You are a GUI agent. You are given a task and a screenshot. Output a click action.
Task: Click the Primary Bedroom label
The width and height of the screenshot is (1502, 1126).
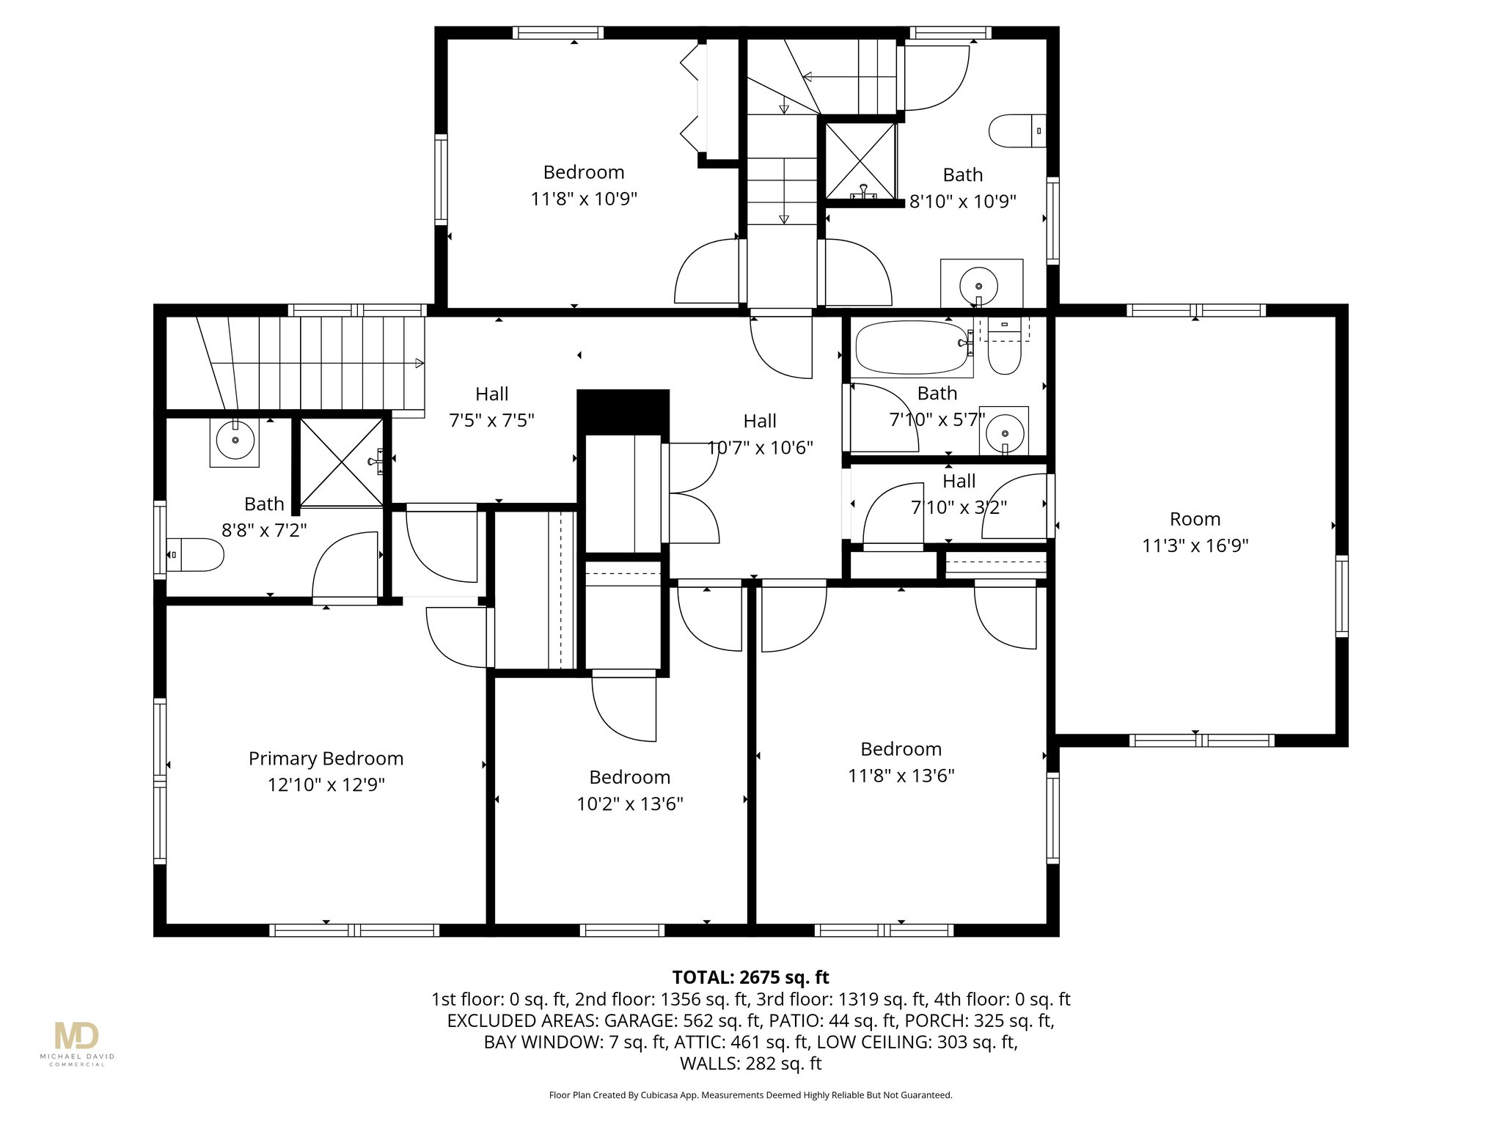click(x=326, y=758)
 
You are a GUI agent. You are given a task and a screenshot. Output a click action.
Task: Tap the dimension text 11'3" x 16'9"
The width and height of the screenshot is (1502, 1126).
click(x=1195, y=545)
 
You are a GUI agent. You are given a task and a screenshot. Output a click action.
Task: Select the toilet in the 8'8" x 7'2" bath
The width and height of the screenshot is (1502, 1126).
click(x=197, y=555)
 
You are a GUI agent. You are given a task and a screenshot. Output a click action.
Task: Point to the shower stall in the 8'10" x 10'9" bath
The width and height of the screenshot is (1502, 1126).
click(x=860, y=161)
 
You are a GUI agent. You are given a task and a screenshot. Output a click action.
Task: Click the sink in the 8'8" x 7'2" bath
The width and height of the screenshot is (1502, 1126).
click(x=235, y=440)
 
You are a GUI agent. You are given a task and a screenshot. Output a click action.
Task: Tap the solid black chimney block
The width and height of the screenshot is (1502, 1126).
click(x=623, y=412)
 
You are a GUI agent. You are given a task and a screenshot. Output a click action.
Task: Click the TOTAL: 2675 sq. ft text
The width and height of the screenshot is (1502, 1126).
click(x=750, y=977)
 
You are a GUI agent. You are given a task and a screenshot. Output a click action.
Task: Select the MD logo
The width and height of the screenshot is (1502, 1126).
click(x=76, y=1037)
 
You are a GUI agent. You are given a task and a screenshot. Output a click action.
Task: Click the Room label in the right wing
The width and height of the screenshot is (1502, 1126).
click(x=1195, y=519)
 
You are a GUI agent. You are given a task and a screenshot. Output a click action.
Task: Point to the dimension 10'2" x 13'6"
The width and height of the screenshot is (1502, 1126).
click(x=629, y=803)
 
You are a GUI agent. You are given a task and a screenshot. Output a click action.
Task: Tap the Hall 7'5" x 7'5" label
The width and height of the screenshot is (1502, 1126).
click(x=491, y=407)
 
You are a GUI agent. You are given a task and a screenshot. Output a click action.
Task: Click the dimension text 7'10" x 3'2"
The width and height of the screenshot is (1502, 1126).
click(x=959, y=507)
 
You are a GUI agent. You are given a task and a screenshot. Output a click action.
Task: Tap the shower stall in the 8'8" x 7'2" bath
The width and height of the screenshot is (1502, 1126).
click(x=341, y=462)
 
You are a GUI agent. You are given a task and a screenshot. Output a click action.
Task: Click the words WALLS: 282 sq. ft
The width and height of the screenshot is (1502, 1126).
click(x=750, y=1063)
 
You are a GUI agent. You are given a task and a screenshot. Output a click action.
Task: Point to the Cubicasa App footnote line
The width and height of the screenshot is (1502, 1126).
click(x=750, y=1095)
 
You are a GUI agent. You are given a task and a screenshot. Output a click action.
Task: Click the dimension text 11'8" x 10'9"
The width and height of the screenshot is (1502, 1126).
click(x=584, y=199)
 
